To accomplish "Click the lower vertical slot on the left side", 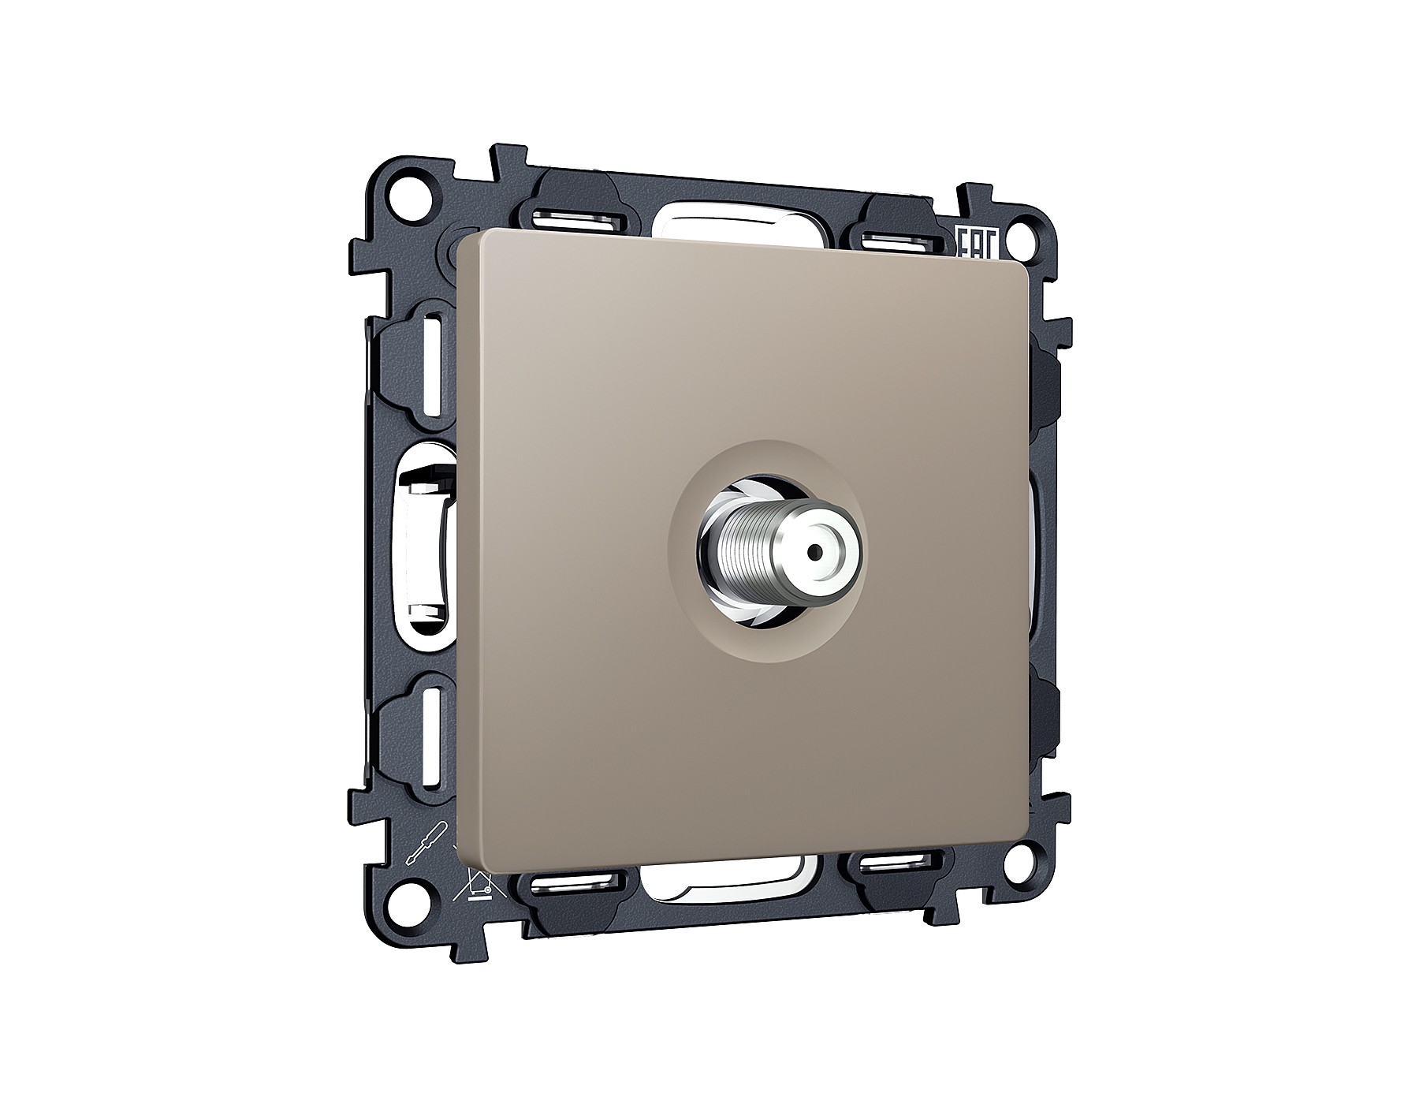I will [433, 737].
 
